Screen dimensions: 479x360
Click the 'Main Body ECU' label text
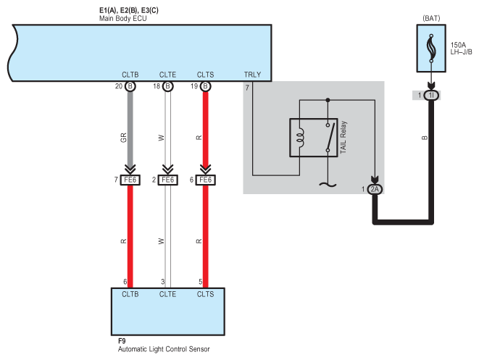click(122, 19)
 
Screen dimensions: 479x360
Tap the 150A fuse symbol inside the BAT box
click(431, 49)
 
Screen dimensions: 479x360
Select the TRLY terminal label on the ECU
click(252, 75)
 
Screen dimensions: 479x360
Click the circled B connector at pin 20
click(130, 86)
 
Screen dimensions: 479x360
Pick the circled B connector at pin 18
click(167, 86)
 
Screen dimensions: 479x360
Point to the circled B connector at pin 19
click(205, 86)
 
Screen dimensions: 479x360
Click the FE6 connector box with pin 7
click(130, 180)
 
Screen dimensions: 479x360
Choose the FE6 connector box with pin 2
click(167, 180)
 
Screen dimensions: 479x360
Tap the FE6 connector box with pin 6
click(205, 180)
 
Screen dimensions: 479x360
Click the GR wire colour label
click(123, 138)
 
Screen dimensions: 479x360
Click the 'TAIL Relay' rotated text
click(343, 137)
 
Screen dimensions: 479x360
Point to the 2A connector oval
click(375, 189)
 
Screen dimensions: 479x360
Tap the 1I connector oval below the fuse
click(431, 96)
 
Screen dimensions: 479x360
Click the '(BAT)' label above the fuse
click(431, 18)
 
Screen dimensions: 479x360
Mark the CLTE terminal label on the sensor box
click(167, 294)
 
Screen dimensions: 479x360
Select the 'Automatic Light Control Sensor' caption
click(164, 349)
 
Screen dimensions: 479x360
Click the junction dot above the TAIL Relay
click(328, 100)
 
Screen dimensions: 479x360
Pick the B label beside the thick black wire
click(425, 138)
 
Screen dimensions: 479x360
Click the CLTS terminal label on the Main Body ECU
click(205, 75)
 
